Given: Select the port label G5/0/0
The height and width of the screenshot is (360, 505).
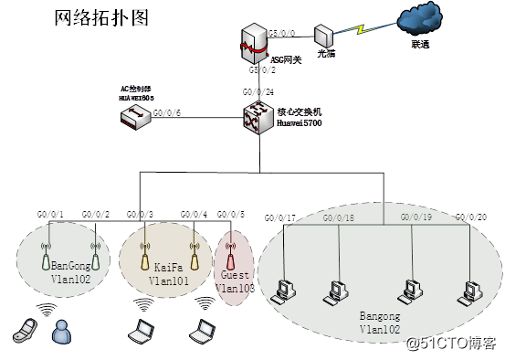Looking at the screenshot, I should [x=282, y=32].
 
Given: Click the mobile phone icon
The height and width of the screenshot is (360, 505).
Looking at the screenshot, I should [x=26, y=328].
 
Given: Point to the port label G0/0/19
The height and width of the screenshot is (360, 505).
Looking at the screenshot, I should [x=416, y=217].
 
